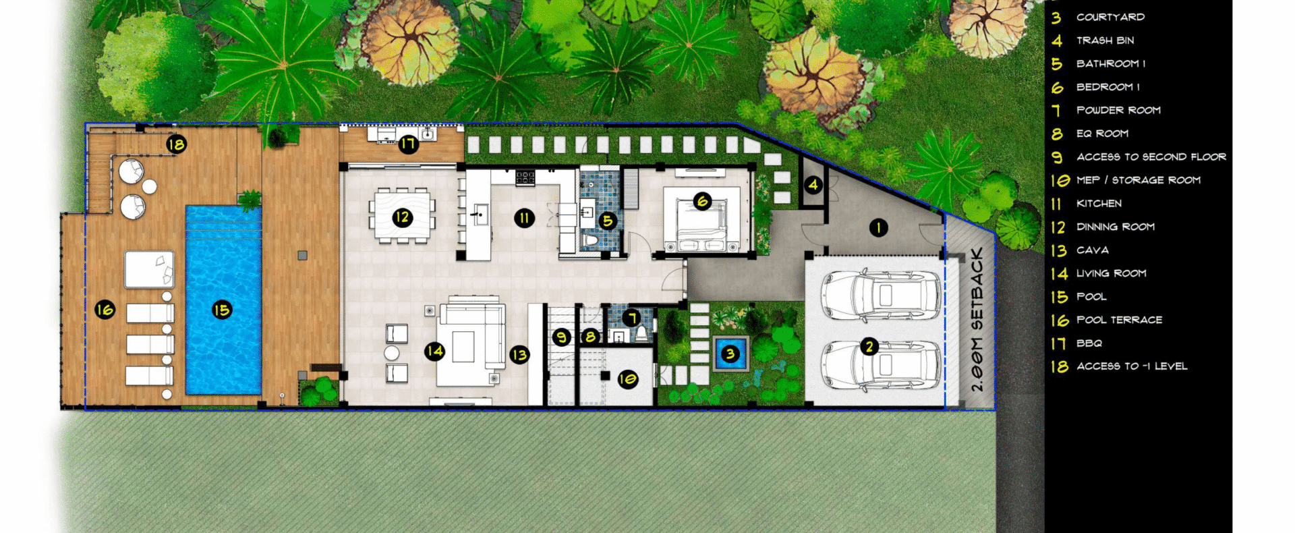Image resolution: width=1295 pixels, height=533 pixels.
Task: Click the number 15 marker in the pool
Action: (x=222, y=310)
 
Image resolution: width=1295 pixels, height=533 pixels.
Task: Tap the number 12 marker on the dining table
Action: (x=403, y=217)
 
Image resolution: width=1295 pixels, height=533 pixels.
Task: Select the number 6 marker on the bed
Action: (x=703, y=201)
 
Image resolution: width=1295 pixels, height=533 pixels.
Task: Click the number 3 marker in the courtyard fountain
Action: (x=730, y=353)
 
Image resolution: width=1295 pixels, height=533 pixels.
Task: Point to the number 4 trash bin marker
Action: (x=813, y=184)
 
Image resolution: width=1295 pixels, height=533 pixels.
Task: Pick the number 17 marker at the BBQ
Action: (x=408, y=144)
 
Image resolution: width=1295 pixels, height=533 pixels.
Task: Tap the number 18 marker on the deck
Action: (x=176, y=144)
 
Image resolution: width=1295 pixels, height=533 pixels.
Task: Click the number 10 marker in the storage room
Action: (x=628, y=379)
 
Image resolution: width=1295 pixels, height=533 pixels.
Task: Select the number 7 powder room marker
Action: (x=632, y=317)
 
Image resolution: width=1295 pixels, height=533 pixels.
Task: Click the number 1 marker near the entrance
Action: (x=878, y=227)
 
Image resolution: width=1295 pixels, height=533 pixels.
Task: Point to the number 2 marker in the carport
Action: (x=869, y=346)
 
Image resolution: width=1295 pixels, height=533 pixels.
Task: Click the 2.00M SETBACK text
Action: (x=977, y=320)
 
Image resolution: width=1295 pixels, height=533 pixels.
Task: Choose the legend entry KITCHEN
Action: (x=1099, y=203)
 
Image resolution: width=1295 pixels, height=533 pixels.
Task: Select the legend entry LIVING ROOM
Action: (x=1112, y=273)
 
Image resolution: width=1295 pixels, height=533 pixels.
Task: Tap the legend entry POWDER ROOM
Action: (x=1119, y=110)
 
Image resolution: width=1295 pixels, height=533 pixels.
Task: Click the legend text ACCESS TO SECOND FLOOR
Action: (x=1151, y=157)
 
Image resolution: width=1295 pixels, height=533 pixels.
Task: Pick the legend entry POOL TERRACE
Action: (x=1120, y=320)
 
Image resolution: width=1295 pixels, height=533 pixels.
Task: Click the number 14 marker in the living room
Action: (x=434, y=351)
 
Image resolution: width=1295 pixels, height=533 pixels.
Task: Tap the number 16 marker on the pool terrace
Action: (x=105, y=310)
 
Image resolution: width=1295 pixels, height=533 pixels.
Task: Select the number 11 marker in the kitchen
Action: (x=524, y=217)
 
